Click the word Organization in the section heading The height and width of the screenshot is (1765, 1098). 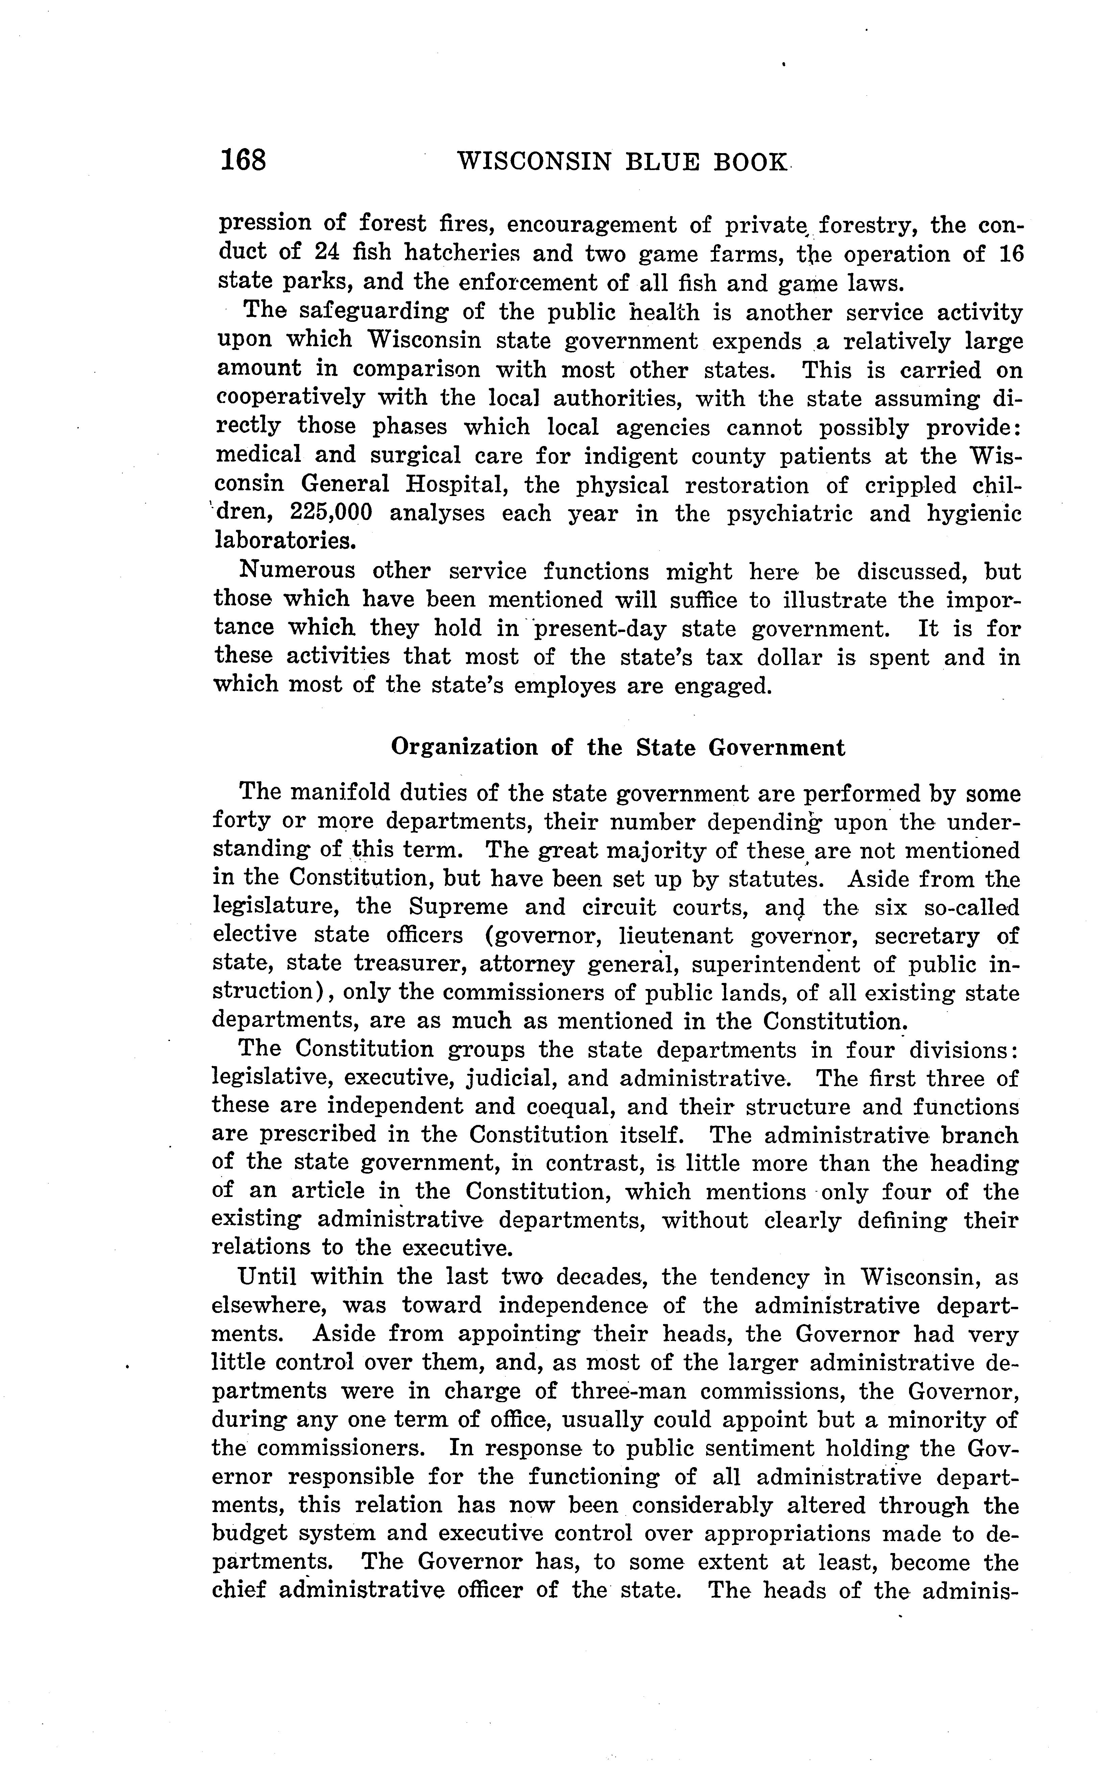[x=464, y=747]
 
